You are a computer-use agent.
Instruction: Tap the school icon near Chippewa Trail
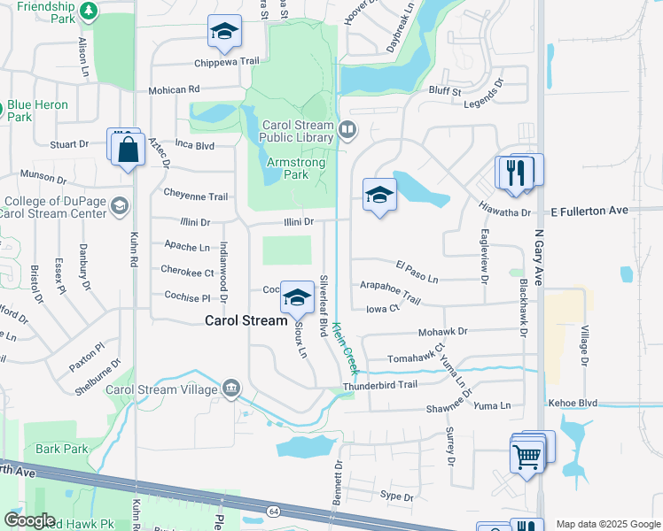[225, 34]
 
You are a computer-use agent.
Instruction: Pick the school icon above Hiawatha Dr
[379, 196]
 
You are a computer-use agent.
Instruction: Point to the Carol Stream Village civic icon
[231, 388]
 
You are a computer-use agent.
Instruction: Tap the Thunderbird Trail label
[379, 385]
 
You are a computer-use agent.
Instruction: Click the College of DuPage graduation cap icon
[118, 206]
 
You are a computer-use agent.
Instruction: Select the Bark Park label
[61, 449]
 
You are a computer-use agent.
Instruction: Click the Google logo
[28, 520]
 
